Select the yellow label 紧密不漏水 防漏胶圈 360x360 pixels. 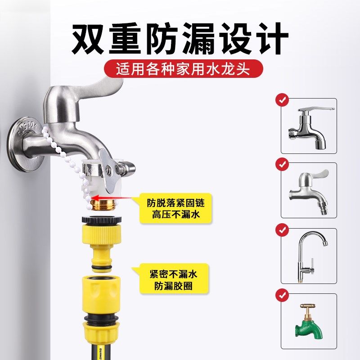click(x=173, y=279)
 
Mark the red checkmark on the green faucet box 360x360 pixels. click(x=282, y=296)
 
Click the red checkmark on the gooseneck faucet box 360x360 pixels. click(x=282, y=230)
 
